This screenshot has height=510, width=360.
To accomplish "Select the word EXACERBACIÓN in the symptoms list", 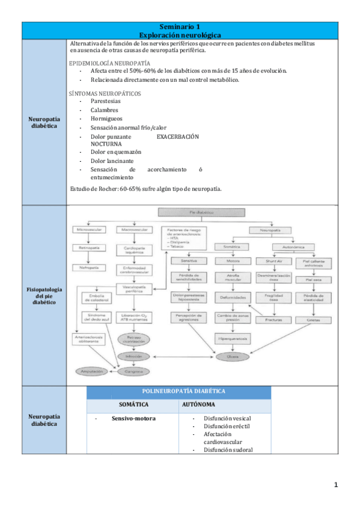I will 177,137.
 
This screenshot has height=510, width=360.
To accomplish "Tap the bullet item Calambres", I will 104,110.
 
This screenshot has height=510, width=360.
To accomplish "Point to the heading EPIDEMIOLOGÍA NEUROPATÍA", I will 110,63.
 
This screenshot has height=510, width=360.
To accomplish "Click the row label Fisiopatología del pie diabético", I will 44,296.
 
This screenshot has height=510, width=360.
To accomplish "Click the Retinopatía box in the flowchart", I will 89,248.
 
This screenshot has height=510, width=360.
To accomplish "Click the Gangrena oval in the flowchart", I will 131,372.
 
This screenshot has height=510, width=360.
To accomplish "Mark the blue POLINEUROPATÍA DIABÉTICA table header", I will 178,391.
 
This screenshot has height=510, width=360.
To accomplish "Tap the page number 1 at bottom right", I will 337,485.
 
